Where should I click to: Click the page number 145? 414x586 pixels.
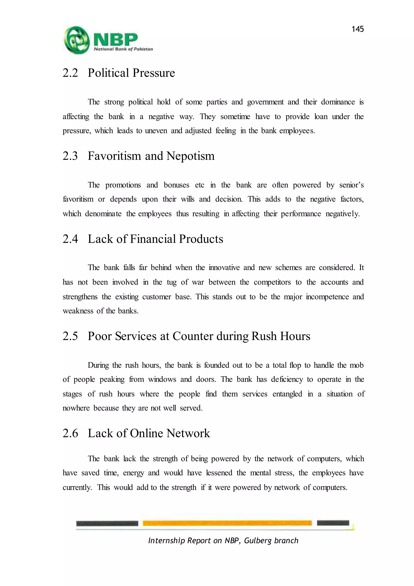point(357,29)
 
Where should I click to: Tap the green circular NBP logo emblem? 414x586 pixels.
point(76,40)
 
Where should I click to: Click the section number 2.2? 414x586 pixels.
point(70,73)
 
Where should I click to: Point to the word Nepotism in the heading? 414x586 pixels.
point(190,156)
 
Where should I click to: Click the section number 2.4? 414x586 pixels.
point(70,239)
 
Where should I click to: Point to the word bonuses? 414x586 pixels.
point(176,185)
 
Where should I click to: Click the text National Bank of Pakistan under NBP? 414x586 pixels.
point(123,49)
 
